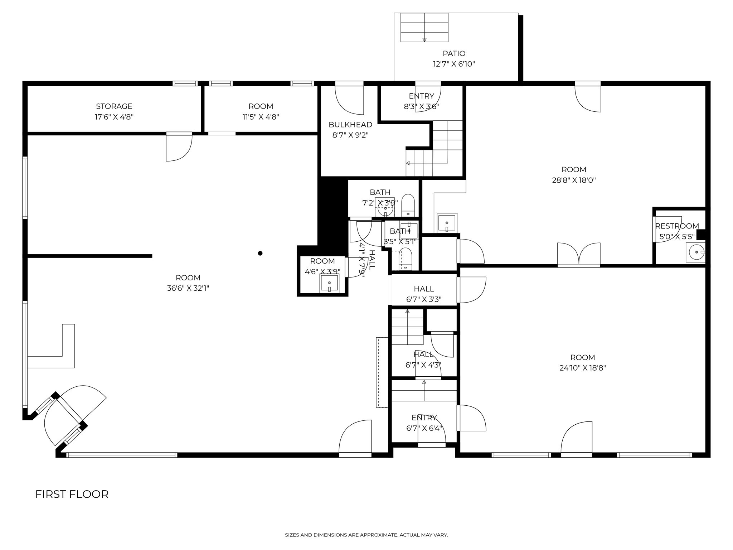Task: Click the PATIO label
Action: point(454,54)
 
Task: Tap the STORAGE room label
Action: point(114,106)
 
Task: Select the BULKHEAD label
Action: point(350,125)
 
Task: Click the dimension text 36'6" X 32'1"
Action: point(188,288)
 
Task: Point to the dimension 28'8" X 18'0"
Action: point(574,180)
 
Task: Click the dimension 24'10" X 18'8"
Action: point(582,368)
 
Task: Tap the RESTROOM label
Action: point(677,226)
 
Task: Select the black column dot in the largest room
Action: point(260,253)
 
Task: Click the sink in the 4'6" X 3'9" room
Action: point(329,283)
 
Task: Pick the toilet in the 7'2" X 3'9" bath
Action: point(408,205)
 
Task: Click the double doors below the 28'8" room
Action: point(579,254)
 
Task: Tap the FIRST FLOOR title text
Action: point(72,494)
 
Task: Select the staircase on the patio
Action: point(424,28)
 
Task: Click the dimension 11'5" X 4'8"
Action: point(261,117)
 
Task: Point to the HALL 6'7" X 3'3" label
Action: point(424,294)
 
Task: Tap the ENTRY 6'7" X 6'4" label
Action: point(424,423)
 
